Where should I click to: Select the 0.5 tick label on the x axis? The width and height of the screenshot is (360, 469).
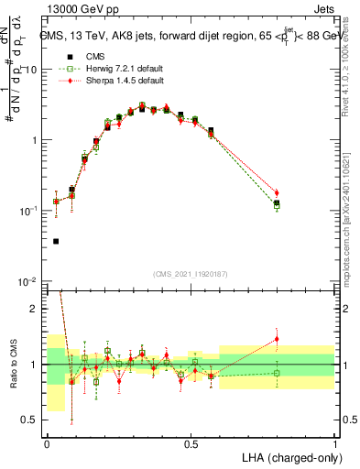[x=191, y=442]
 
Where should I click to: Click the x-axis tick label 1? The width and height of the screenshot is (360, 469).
[x=334, y=442]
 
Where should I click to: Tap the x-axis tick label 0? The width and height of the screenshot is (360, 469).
[x=47, y=442]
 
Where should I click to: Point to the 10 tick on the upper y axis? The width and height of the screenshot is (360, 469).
[x=33, y=70]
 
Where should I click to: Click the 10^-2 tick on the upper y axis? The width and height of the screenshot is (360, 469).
[x=30, y=281]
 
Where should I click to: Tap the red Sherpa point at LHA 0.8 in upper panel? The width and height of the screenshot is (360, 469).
[x=277, y=193]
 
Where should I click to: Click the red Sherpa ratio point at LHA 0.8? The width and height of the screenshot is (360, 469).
[x=277, y=339]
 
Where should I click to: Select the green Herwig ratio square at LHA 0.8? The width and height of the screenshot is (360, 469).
[x=277, y=373]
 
